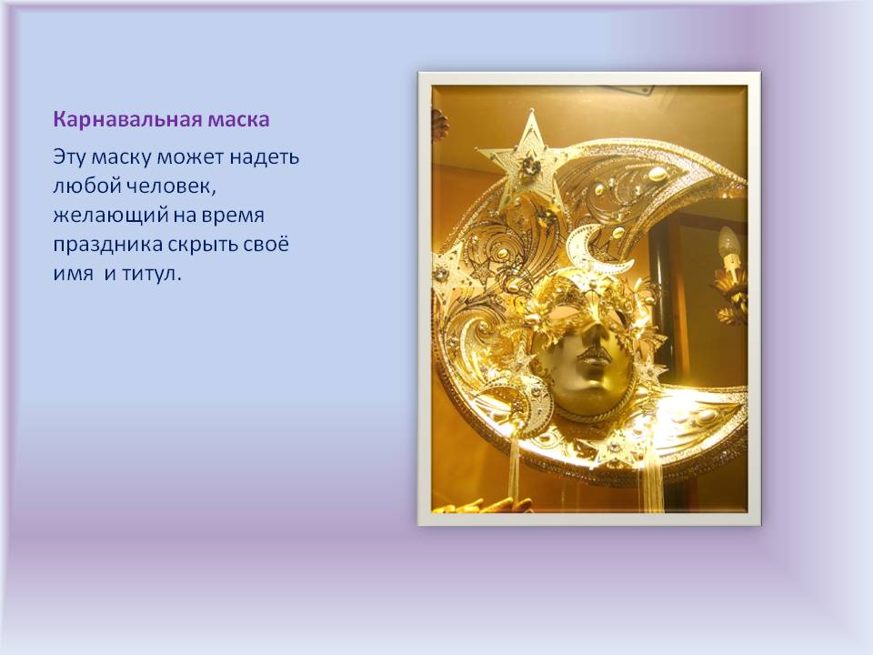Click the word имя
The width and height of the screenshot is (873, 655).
[70, 274]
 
